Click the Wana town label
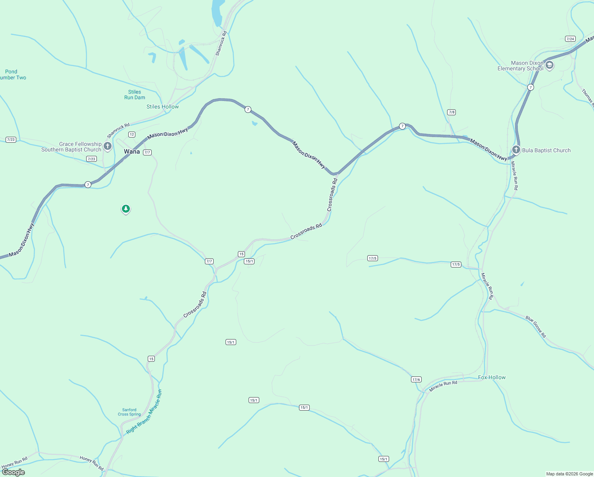click(x=132, y=151)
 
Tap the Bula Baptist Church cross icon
click(x=516, y=150)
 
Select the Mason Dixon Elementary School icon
click(x=550, y=66)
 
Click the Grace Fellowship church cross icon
click(x=107, y=146)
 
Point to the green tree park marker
click(x=126, y=209)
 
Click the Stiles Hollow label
click(x=162, y=107)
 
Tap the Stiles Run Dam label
click(x=135, y=95)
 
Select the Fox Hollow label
click(x=492, y=377)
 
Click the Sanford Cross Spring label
click(x=129, y=412)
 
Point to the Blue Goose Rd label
click(x=536, y=327)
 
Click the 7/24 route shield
click(x=570, y=39)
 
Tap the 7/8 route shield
click(x=451, y=112)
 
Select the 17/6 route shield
click(x=416, y=379)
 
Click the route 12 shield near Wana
click(x=132, y=134)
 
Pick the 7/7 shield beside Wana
click(x=147, y=152)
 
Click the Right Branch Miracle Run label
click(x=144, y=412)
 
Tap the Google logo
click(x=13, y=472)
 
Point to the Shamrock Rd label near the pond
click(x=221, y=43)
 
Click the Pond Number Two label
click(x=12, y=75)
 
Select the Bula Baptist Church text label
click(x=546, y=150)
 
